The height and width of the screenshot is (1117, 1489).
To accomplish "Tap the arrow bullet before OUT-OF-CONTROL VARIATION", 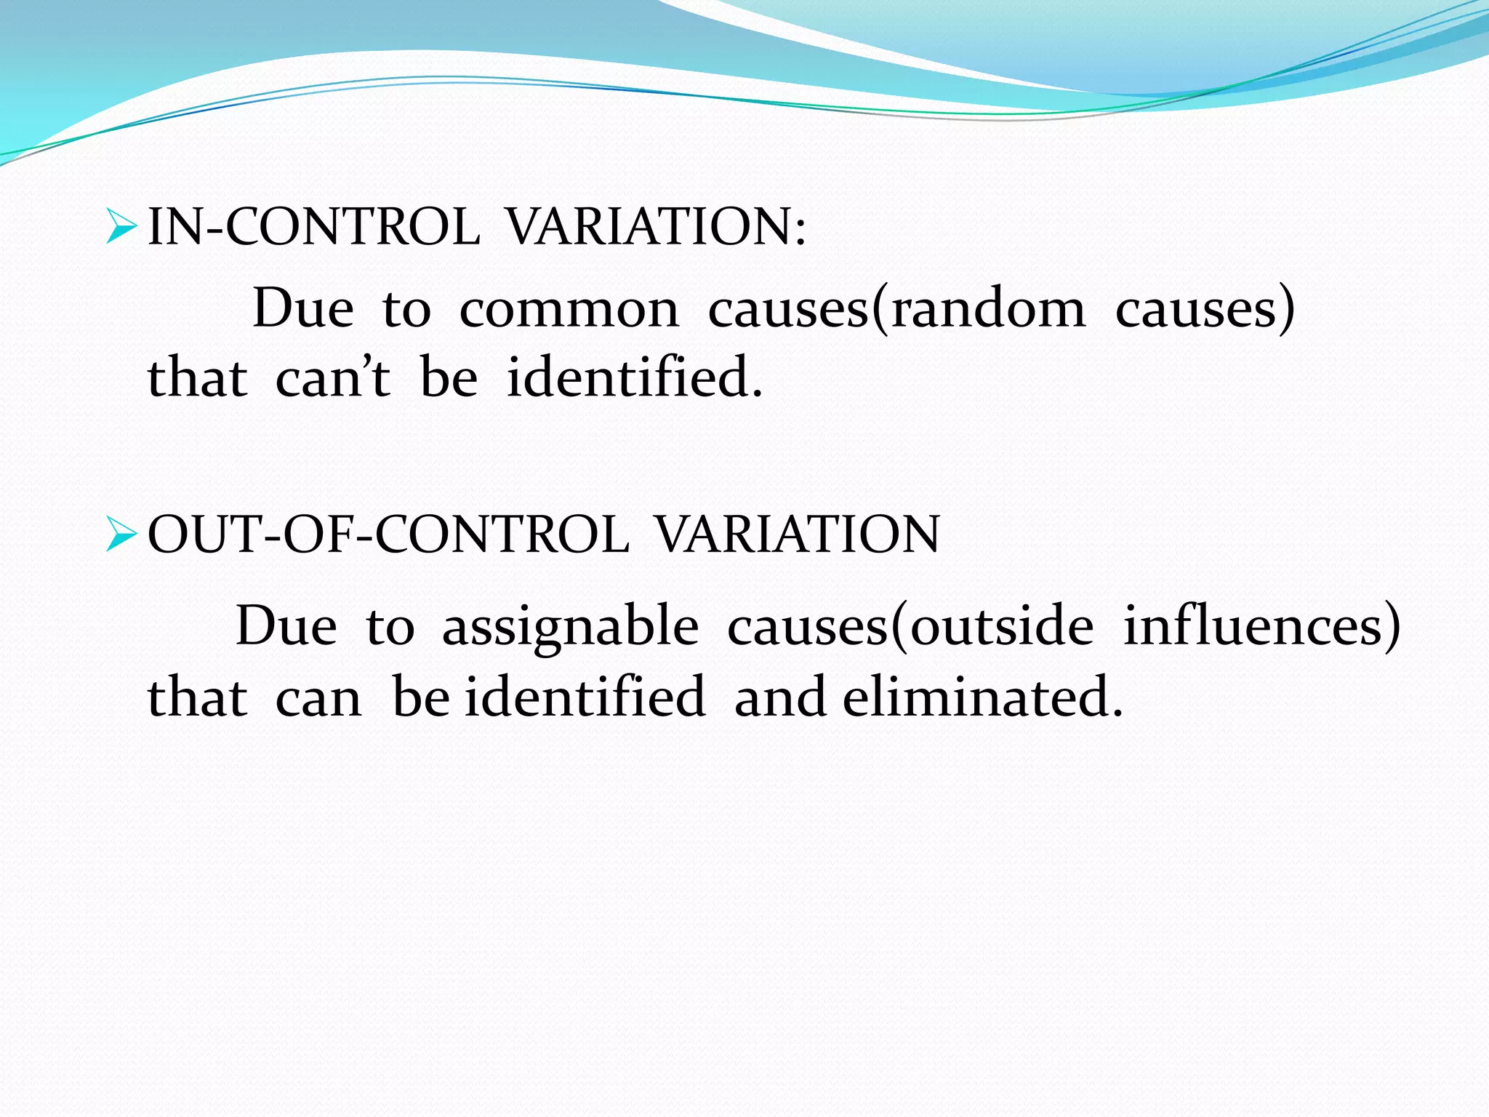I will click(121, 534).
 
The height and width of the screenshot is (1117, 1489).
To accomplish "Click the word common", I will click(569, 309).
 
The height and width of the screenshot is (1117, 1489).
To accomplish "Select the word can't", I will click(333, 378).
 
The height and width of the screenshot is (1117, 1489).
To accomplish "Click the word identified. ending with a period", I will click(634, 378).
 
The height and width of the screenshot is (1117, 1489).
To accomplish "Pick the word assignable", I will click(570, 627).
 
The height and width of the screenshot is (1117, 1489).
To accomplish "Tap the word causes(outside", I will click(910, 627).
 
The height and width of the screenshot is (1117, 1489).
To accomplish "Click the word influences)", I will click(1261, 627).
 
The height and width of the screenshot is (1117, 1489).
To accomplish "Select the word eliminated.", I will click(982, 697).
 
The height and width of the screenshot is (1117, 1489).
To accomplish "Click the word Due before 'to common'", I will click(302, 309).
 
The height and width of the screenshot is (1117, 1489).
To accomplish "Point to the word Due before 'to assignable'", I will click(286, 627).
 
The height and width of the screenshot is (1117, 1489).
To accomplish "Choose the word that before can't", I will click(197, 378).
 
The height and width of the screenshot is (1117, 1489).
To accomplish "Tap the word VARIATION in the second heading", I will click(797, 534).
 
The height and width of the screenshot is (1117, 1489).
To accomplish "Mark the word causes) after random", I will click(1205, 309).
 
